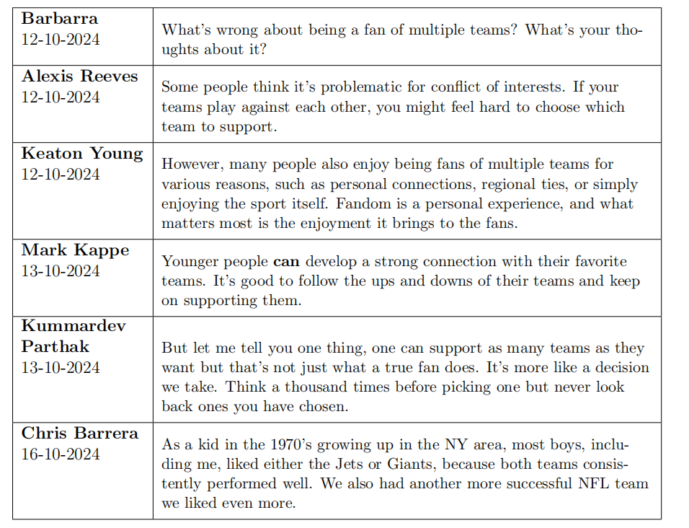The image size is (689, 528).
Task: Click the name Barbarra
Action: [x=60, y=18]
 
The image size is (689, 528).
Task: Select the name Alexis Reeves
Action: [x=79, y=76]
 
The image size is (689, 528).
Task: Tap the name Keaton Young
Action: [x=82, y=154]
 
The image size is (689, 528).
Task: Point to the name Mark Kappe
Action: [x=75, y=250]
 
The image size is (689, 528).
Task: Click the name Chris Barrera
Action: [x=79, y=434]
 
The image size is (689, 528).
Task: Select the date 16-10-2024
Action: [x=61, y=454]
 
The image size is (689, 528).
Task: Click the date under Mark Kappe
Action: [x=61, y=271]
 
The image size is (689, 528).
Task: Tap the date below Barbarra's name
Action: [x=61, y=38]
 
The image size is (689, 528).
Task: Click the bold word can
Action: [x=285, y=262]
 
